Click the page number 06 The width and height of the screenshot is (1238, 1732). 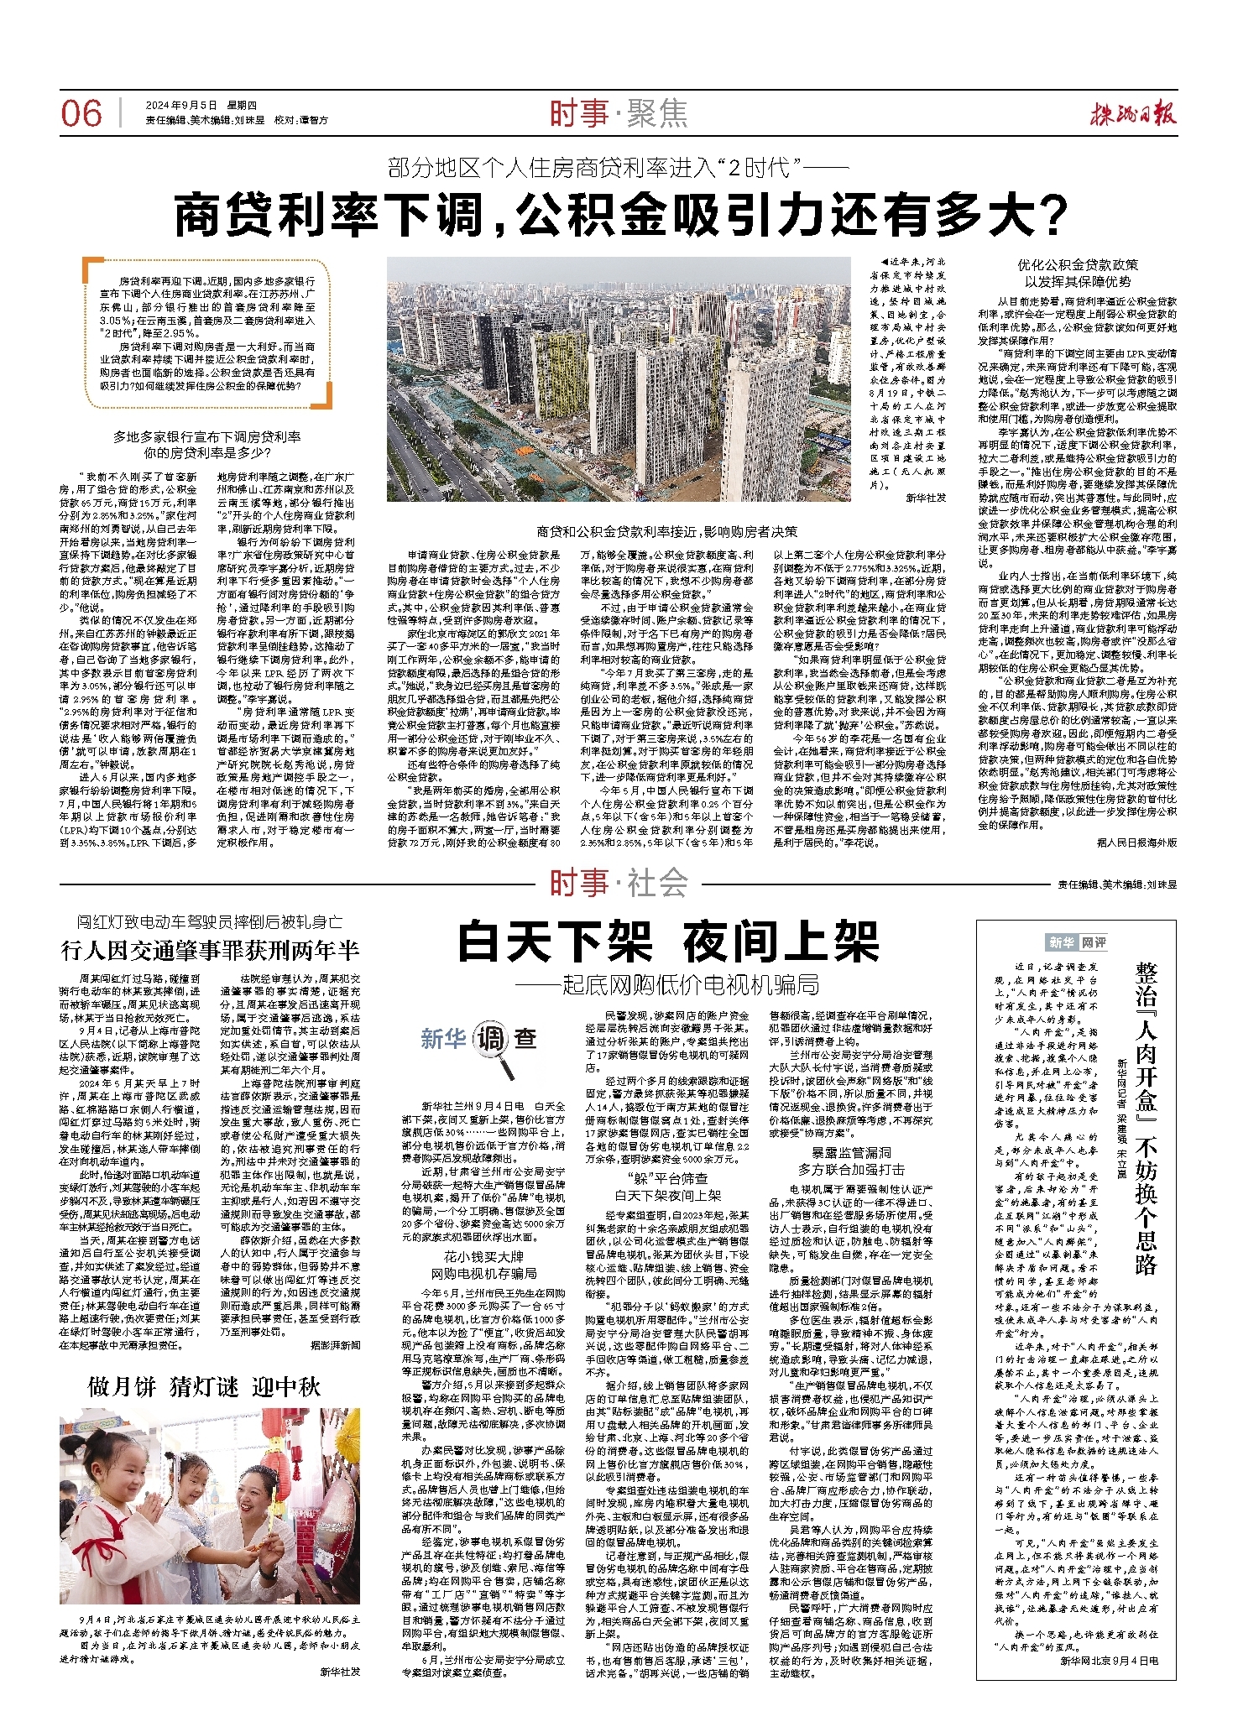pos(81,113)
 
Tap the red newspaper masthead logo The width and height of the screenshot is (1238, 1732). pos(1134,113)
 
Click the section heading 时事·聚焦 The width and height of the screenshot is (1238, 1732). pos(619,113)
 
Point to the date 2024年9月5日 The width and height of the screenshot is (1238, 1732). pos(181,105)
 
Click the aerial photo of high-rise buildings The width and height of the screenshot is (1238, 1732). pos(619,379)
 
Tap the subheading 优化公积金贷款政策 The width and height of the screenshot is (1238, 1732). pos(1078,265)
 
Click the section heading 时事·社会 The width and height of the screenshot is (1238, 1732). pos(619,883)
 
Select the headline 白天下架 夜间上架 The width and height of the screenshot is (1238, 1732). pos(668,942)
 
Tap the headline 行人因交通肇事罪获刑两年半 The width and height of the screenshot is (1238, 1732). pos(210,950)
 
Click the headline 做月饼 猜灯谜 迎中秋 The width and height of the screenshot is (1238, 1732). pos(205,1386)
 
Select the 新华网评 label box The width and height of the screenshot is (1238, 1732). pos(1076,942)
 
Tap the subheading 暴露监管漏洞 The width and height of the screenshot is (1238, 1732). pos(850,1152)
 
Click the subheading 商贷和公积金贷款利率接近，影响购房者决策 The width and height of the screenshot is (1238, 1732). pos(666,531)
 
